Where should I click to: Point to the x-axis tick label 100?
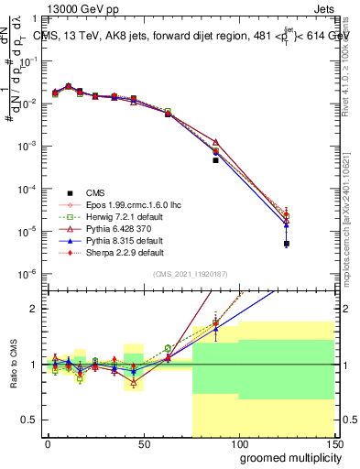238,444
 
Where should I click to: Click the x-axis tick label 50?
143,444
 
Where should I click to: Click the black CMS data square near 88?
215,160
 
